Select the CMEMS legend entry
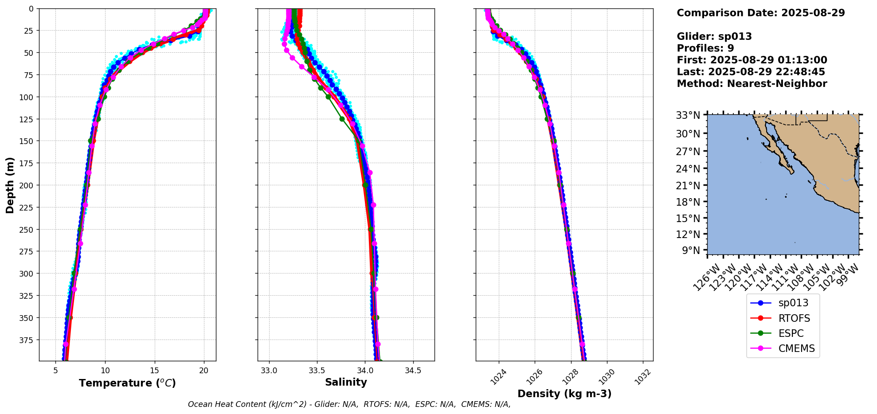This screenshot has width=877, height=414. [796, 348]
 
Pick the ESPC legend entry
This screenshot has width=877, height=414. [791, 333]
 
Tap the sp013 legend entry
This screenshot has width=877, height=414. [793, 303]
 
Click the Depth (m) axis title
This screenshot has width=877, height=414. [10, 185]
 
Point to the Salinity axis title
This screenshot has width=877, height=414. [346, 382]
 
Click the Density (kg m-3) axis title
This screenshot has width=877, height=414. [564, 394]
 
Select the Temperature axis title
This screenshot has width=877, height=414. [127, 383]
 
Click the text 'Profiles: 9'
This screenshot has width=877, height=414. [705, 48]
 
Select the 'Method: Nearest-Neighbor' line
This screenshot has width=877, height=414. [752, 84]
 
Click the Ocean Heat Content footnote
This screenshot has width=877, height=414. [349, 404]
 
